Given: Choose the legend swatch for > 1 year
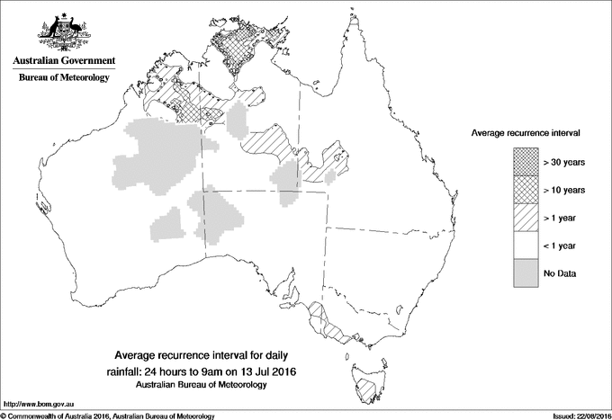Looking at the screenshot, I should pos(525,217).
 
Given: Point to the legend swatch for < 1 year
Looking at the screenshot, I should pos(525,245).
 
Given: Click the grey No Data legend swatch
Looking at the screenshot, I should pos(525,273).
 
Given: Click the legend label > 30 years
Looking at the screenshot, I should pos(564,162).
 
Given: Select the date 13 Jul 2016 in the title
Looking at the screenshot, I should pos(267,371).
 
